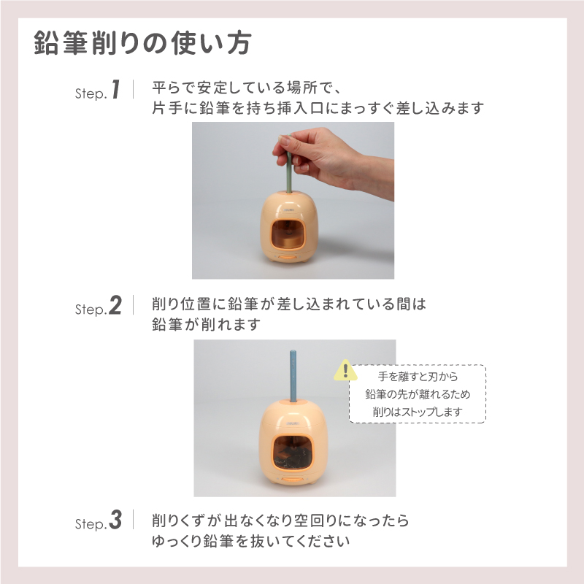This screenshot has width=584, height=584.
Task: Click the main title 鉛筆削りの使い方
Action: (x=143, y=43)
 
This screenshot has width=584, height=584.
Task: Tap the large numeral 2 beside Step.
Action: (x=115, y=306)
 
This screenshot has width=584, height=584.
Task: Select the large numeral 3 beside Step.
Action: (x=115, y=521)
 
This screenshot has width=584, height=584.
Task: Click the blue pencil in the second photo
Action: (x=292, y=376)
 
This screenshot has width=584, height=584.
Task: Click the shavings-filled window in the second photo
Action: (x=290, y=450)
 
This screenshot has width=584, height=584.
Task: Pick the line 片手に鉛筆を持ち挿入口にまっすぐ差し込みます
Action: (x=318, y=108)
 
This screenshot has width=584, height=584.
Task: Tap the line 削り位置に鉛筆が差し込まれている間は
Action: (x=288, y=305)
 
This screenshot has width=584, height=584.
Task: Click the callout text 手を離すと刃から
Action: (x=417, y=377)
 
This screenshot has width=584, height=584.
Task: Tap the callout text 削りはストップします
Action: (x=417, y=412)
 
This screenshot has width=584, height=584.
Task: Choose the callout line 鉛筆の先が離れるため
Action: (x=417, y=394)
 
